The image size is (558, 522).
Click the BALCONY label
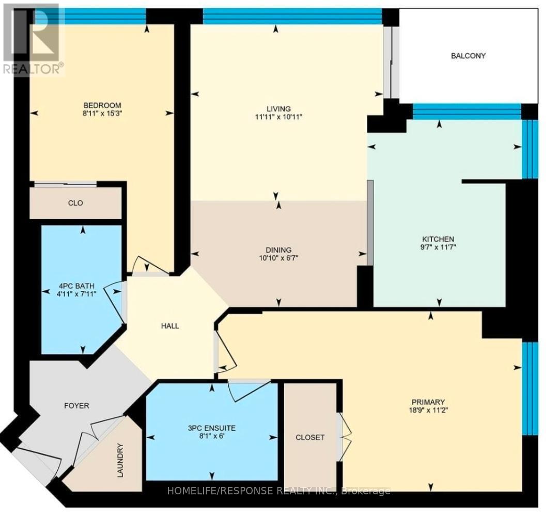pyautogui.click(x=468, y=56)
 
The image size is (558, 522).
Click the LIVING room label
pyautogui.click(x=278, y=108)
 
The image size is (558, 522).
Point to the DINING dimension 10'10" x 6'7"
pyautogui.click(x=279, y=258)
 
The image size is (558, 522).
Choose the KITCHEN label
pyautogui.click(x=438, y=239)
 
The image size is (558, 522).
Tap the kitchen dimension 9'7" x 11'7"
pyautogui.click(x=438, y=247)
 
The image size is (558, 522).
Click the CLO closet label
pyautogui.click(x=75, y=203)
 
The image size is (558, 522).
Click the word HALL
pyautogui.click(x=170, y=326)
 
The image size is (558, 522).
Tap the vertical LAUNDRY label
pyautogui.click(x=120, y=460)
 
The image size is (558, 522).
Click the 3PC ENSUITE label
pyautogui.click(x=212, y=428)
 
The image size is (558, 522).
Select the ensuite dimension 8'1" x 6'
pyautogui.click(x=212, y=436)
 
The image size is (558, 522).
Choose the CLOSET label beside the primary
pyautogui.click(x=310, y=437)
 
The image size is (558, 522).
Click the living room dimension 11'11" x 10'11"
pyautogui.click(x=278, y=117)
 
